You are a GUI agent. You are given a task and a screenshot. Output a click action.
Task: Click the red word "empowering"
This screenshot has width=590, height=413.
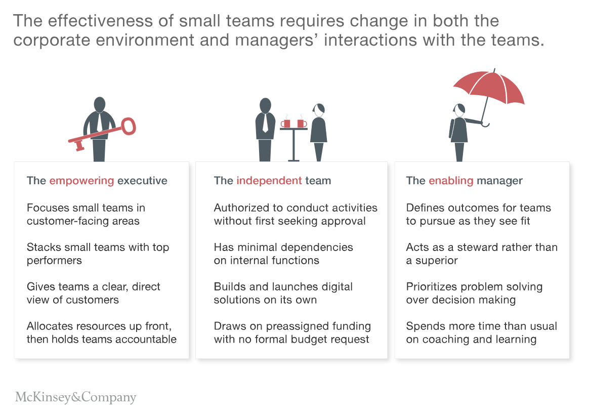[x=81, y=181]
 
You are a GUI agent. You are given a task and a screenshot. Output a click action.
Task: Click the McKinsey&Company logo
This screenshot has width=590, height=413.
[x=75, y=397]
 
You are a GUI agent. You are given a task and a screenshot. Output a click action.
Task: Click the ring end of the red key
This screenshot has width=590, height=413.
[x=129, y=126]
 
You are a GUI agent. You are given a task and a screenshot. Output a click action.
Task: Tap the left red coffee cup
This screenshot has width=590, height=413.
[x=286, y=123]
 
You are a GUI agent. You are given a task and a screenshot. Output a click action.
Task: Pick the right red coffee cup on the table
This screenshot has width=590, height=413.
[x=302, y=123]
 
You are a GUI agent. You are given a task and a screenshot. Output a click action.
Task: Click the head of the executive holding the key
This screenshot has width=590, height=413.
[x=100, y=104]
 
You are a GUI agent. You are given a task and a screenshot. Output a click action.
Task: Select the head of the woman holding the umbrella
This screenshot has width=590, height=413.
[x=459, y=110]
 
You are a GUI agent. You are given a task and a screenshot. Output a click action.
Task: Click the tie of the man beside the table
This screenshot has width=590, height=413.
[x=265, y=122]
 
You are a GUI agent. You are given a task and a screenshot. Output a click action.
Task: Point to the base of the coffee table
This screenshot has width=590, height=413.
[x=293, y=160]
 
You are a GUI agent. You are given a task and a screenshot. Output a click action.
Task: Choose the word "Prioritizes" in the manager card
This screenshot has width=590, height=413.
[x=434, y=287]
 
